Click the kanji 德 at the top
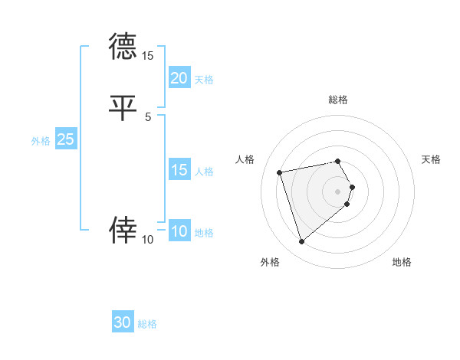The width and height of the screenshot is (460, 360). point(122,47)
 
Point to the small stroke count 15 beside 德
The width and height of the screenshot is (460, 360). point(148,56)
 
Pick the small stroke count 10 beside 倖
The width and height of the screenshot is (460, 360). point(148,240)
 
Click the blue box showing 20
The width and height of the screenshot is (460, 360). point(179,77)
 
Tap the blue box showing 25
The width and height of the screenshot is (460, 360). point(65,139)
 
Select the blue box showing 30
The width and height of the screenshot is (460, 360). point(123,322)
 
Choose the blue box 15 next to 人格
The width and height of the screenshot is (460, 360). point(179,170)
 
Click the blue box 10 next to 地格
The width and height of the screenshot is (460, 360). point(179,231)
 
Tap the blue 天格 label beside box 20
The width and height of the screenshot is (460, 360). point(204,79)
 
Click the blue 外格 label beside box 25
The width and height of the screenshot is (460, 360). point(41,141)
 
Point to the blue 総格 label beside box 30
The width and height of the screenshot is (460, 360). point(147,324)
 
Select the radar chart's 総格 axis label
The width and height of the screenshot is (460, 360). point(338,100)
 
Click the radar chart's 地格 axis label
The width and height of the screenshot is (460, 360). point(402,262)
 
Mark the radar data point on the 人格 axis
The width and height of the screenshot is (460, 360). point(280,172)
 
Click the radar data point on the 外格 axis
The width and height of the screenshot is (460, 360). point(302,241)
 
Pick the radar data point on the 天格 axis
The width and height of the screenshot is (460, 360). point(353,186)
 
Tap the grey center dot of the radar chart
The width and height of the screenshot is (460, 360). point(338,191)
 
